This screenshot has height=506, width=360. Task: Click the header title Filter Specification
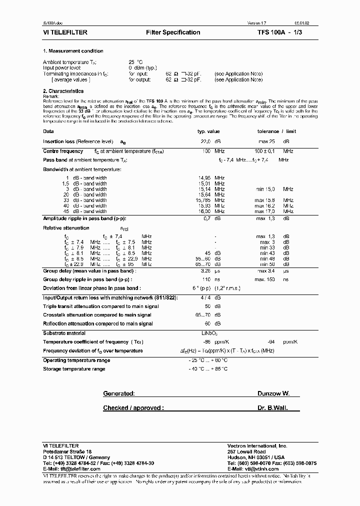pyautogui.click(x=173, y=32)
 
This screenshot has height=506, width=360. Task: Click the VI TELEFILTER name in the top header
pyautogui.click(x=66, y=32)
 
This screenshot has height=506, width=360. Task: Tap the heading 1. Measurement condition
pyautogui.click(x=73, y=51)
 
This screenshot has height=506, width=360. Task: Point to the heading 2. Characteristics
pyautogui.click(x=63, y=91)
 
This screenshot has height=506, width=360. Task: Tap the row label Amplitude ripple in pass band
pyautogui.click(x=84, y=218)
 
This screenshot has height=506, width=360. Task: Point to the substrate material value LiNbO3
pyautogui.click(x=209, y=333)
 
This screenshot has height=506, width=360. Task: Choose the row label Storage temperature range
pyautogui.click(x=74, y=369)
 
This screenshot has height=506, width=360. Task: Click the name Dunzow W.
pyautogui.click(x=273, y=394)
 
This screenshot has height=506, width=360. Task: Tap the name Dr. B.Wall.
pyautogui.click(x=273, y=408)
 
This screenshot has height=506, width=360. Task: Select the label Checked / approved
pyautogui.click(x=133, y=408)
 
